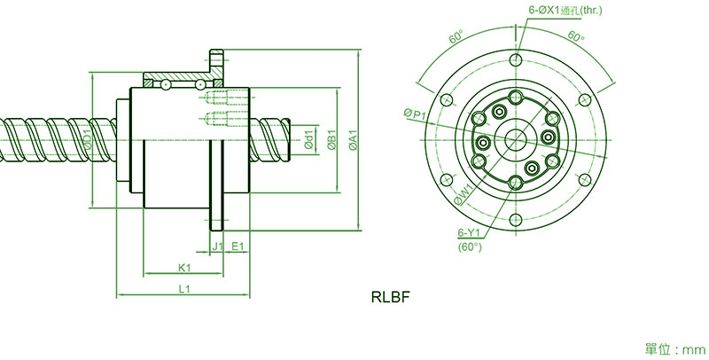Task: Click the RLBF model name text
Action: click(391, 297)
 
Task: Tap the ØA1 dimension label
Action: click(353, 140)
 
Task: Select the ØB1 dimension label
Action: click(331, 140)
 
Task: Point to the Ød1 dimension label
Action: click(308, 139)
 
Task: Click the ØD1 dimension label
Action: click(88, 140)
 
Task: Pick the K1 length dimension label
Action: click(184, 268)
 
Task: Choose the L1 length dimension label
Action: click(184, 289)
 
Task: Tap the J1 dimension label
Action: click(218, 246)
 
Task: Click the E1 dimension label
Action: click(238, 246)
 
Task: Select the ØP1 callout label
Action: click(415, 114)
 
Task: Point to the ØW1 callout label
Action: click(464, 193)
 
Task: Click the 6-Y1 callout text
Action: click(468, 233)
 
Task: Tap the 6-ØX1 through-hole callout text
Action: click(565, 10)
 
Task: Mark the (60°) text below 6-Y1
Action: click(470, 247)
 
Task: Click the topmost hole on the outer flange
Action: click(516, 59)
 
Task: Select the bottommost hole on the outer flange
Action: click(516, 221)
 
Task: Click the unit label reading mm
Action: click(694, 349)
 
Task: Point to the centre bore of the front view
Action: click(516, 139)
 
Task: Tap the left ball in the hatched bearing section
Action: click(166, 84)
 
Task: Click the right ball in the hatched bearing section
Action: click(199, 84)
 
